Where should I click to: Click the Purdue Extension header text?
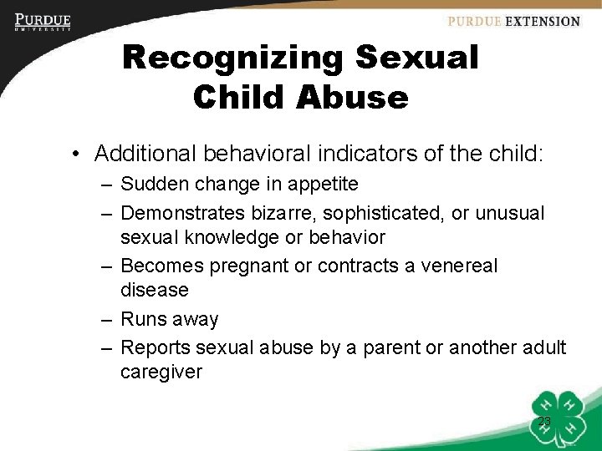[513, 22]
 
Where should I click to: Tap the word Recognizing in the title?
[232, 58]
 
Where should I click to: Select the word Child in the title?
[230, 97]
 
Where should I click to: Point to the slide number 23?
[544, 422]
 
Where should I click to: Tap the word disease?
[155, 290]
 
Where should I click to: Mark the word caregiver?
[161, 372]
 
